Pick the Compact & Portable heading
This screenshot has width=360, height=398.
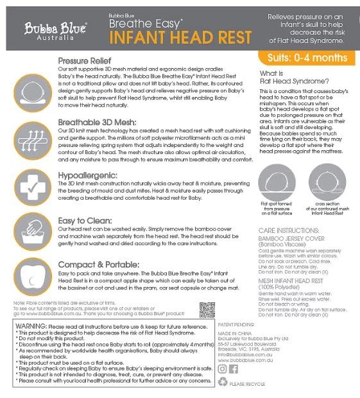99,264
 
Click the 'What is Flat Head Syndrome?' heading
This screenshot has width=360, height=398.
286,78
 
